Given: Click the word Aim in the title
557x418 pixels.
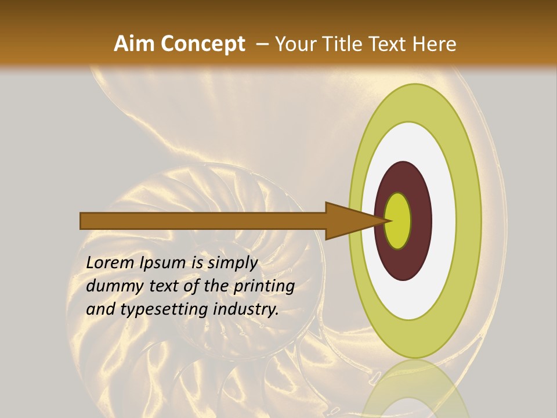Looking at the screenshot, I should click(135, 44).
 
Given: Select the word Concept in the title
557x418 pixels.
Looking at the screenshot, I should click(202, 44).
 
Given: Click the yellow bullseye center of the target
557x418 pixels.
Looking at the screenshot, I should click(398, 221).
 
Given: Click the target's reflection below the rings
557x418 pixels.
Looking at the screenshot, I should click(414, 389).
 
